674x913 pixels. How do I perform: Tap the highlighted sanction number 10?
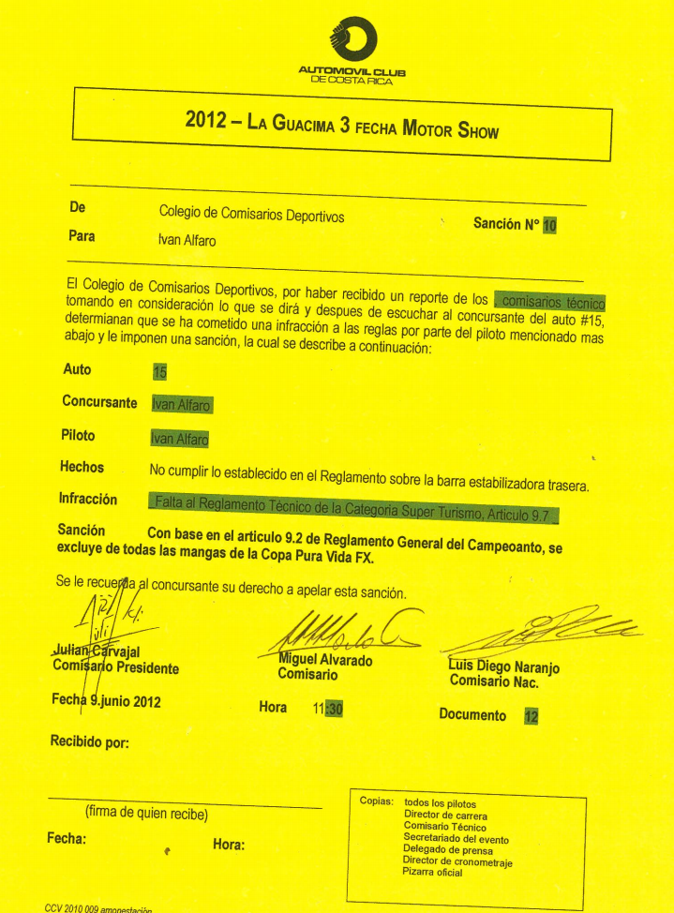click(x=550, y=225)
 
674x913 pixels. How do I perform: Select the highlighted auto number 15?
click(x=159, y=371)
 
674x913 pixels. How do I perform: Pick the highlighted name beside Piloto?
click(x=179, y=438)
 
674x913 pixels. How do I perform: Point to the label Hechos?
click(x=82, y=467)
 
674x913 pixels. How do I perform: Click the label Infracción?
click(x=88, y=500)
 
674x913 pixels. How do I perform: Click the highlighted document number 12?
click(x=532, y=716)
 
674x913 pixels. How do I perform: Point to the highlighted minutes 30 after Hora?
click(x=335, y=709)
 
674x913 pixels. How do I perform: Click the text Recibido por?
click(x=89, y=741)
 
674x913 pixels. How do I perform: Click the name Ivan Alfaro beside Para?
click(x=187, y=240)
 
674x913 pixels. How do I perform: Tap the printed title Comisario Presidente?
click(x=116, y=668)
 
